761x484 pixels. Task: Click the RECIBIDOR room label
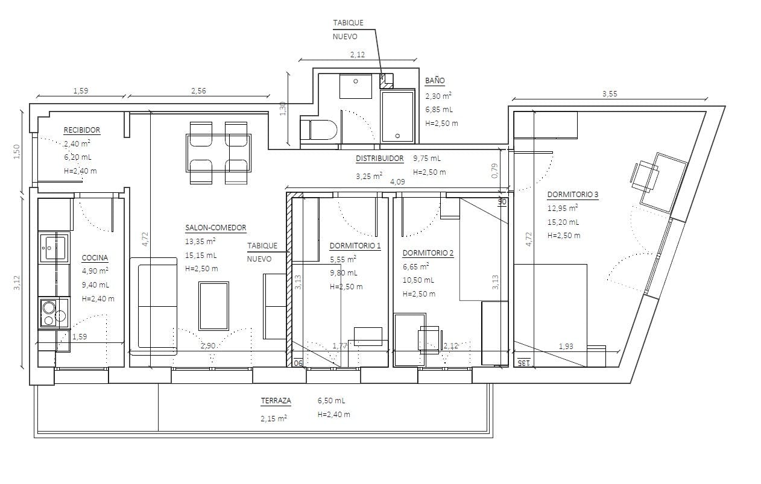[x=82, y=130]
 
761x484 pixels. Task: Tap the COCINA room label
[x=95, y=258]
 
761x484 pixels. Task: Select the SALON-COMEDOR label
[x=216, y=228]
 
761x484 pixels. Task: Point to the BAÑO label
[x=435, y=81]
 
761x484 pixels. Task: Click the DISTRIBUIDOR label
[x=380, y=159]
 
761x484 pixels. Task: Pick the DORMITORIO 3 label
[x=573, y=195]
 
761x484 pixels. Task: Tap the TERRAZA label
[x=276, y=401]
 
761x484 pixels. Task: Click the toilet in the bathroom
[x=318, y=130]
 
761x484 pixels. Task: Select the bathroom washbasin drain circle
[x=356, y=81]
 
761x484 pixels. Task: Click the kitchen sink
[x=54, y=247]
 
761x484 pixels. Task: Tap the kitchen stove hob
[x=54, y=313]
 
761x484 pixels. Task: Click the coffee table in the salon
[x=213, y=306]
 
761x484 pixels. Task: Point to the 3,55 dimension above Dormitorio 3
[x=610, y=94]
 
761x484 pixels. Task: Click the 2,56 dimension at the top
[x=198, y=90]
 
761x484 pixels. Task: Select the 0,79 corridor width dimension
[x=494, y=171]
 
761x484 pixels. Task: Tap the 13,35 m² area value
[x=200, y=241]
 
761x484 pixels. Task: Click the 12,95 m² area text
[x=563, y=208]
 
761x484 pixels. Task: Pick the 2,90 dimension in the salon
[x=208, y=346]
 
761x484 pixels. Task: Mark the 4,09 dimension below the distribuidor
[x=397, y=181]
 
